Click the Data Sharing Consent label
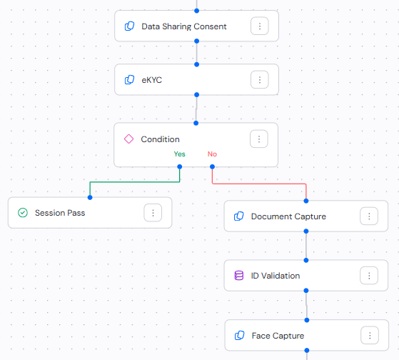pos(184,26)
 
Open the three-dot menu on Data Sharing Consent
pos(260,26)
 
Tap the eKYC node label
pos(152,80)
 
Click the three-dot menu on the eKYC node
pos(260,80)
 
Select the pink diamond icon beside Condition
pos(129,139)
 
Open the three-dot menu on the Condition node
pos(259,139)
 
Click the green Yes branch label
pos(179,154)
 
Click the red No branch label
pos(212,154)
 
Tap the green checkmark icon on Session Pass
pos(23,213)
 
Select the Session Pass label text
pos(60,213)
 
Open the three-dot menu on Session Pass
pos(153,213)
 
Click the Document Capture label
pos(288,216)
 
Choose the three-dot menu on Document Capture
pos(368,216)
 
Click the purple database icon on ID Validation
pos(239,276)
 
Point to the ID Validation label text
pos(276,276)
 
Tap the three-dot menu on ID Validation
pos(368,276)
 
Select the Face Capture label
pos(278,336)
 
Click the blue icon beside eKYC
pos(130,80)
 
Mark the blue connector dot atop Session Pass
pos(90,197)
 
